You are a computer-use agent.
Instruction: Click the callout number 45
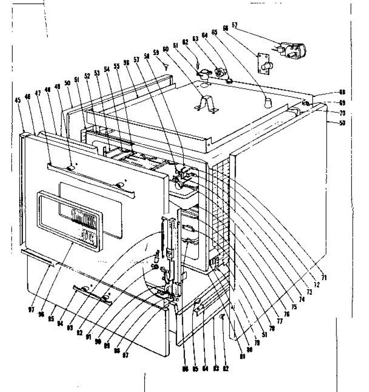pyautogui.click(x=18, y=101)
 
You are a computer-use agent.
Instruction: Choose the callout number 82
pyautogui.click(x=226, y=369)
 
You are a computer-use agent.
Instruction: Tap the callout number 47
pyautogui.click(x=38, y=93)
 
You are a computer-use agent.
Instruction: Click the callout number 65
pyautogui.click(x=214, y=32)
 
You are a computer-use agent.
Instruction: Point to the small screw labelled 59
pyautogui.click(x=166, y=67)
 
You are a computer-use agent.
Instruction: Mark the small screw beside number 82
pyautogui.click(x=222, y=316)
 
